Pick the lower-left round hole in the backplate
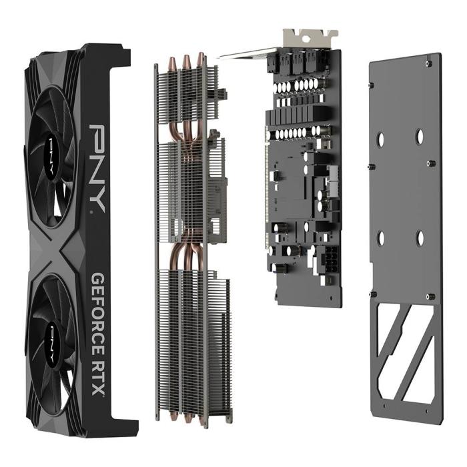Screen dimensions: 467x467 point(381,238)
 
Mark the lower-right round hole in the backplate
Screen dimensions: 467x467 point(420,238)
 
